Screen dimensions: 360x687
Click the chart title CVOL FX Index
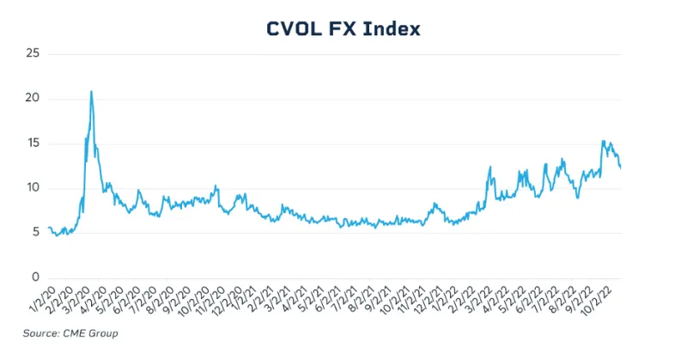tap(343, 28)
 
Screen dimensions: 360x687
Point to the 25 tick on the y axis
tap(34, 54)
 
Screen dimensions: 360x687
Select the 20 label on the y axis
tap(34, 99)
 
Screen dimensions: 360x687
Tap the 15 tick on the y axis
tap(34, 143)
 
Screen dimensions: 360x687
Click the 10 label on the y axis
tap(34, 188)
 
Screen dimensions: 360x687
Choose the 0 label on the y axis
tap(37, 278)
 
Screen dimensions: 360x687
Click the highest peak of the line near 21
tap(91, 91)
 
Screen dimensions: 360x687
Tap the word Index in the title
tap(393, 28)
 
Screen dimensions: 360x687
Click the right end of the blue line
tap(621, 168)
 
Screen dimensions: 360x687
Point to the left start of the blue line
tap(49, 228)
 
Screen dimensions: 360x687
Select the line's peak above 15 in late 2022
tap(603, 141)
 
